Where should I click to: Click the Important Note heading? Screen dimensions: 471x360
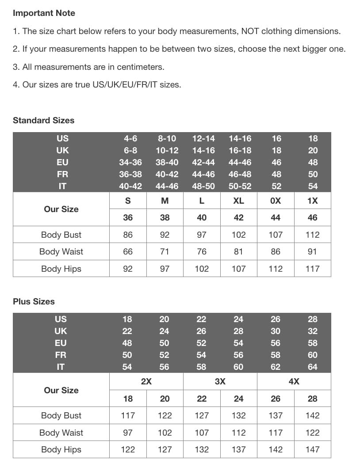tap(44, 13)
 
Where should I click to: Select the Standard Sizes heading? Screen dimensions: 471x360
tap(43, 120)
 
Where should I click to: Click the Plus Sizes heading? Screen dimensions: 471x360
tap(34, 301)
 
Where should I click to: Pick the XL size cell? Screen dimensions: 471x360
tap(238, 201)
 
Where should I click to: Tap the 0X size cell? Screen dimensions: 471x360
tap(276, 201)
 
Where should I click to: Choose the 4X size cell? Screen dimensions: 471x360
tap(294, 381)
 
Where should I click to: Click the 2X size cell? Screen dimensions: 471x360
tap(146, 381)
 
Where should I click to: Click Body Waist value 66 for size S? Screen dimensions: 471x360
tap(128, 251)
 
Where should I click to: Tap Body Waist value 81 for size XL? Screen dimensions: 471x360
tap(238, 251)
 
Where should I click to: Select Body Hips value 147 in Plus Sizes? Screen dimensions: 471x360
tap(312, 449)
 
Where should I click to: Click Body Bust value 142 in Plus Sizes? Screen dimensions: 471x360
tap(312, 415)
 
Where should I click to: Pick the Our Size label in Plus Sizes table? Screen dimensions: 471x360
tap(61, 390)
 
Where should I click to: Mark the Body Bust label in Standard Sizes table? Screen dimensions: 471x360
tap(61, 235)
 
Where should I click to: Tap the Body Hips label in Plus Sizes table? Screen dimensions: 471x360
tap(61, 449)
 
